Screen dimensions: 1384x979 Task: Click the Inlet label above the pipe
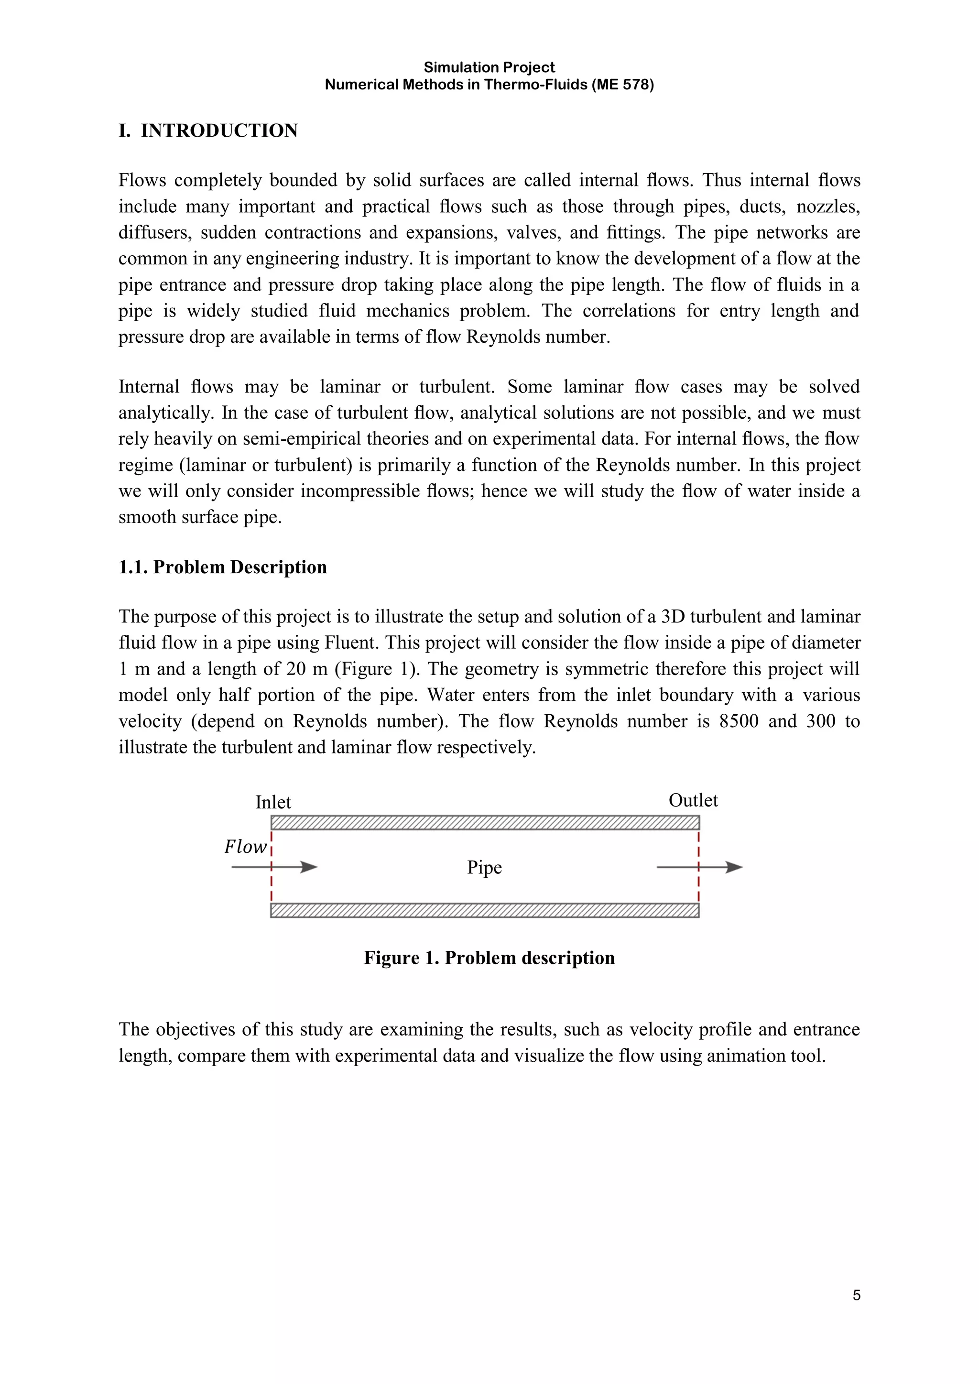click(273, 802)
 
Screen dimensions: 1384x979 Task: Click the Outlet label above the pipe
click(693, 800)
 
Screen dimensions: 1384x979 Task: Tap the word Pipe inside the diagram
click(484, 867)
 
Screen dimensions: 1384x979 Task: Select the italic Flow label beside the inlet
click(245, 847)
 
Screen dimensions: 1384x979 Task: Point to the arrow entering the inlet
click(274, 867)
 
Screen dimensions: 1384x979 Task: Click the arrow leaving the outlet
click(700, 867)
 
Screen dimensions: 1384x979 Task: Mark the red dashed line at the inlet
click(272, 886)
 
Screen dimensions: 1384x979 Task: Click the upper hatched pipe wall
click(485, 823)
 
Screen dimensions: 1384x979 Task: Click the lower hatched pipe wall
click(485, 910)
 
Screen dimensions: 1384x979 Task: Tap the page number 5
click(857, 1296)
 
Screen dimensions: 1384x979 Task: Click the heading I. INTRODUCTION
click(208, 131)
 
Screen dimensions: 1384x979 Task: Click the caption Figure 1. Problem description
click(489, 958)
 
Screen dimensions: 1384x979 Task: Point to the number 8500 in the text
click(739, 721)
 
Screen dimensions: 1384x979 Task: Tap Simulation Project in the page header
click(489, 67)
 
